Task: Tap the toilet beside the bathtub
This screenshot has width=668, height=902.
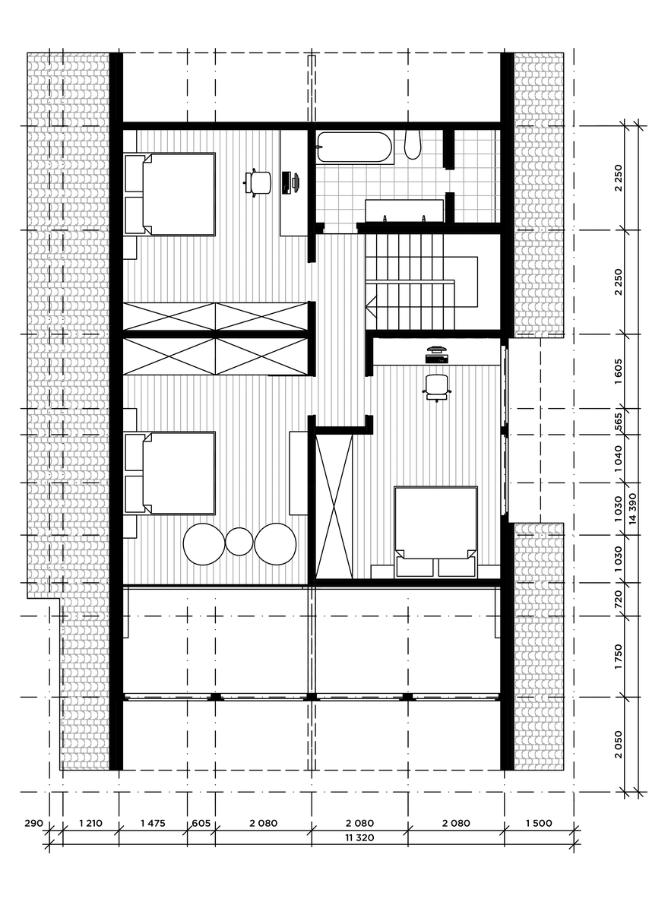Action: pos(413,144)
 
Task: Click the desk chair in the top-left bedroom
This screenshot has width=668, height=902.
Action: pos(258,182)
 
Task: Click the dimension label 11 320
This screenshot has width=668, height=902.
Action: pos(359,837)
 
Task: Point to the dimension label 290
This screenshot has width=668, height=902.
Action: pos(34,823)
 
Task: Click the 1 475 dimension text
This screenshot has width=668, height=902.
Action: pos(153,823)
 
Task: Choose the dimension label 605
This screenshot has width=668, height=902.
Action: pos(201,823)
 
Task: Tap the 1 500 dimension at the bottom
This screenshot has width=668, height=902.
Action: pos(539,823)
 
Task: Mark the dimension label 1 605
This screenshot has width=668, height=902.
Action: pos(619,371)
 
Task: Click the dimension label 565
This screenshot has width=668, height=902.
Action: pos(619,422)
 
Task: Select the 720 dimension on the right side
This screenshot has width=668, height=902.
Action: pos(619,600)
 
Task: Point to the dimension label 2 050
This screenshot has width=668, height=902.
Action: pos(619,745)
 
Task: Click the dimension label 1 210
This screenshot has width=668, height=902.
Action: pos(90,823)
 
